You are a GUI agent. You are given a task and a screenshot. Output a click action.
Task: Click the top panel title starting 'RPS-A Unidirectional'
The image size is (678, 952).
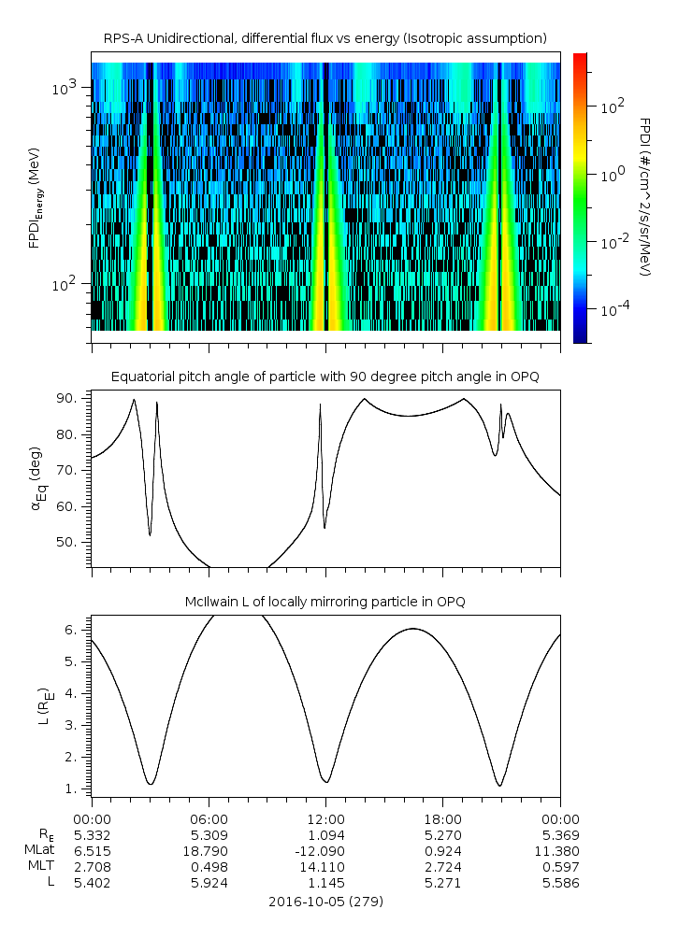click(325, 38)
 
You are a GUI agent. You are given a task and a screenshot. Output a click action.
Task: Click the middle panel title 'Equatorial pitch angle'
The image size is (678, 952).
click(325, 377)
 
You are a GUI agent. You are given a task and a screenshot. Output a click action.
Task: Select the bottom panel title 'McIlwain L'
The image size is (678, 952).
click(325, 601)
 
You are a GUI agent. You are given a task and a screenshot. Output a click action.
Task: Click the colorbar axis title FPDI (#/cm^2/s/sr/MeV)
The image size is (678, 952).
click(644, 196)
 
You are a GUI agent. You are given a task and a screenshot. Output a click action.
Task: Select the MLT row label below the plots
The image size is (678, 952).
click(44, 867)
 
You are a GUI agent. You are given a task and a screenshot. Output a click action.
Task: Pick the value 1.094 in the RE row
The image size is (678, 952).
click(325, 834)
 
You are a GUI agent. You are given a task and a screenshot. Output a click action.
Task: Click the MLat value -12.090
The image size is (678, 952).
click(325, 851)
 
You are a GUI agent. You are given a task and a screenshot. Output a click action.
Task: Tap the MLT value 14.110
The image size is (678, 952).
click(325, 867)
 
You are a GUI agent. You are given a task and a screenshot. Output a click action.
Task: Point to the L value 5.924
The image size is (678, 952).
click(209, 883)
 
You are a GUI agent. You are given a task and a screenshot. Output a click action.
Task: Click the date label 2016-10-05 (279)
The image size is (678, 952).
click(325, 902)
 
